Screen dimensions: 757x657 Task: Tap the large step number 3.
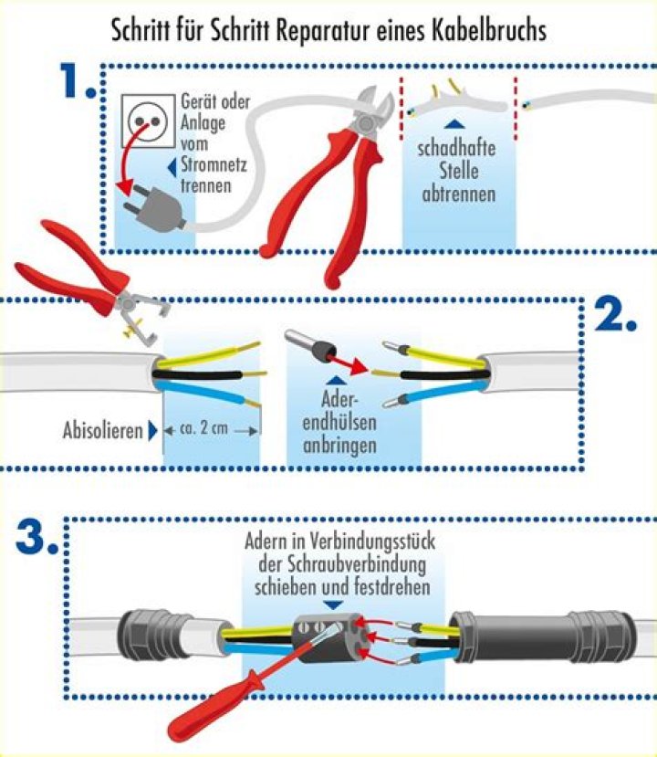pos(36,538)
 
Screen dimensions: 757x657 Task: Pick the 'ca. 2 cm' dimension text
pos(204,429)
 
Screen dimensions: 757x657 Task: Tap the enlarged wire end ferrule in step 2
pos(311,348)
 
